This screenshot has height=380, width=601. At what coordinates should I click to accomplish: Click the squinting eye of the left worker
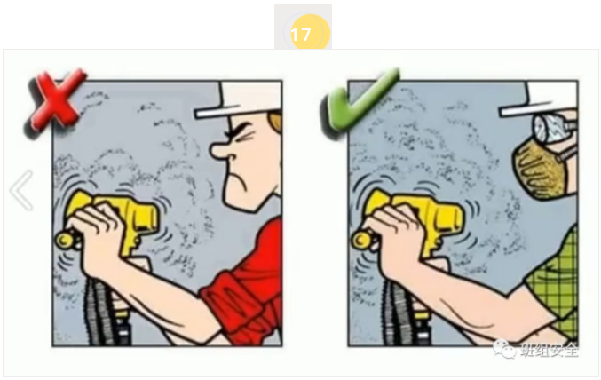[243, 138]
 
